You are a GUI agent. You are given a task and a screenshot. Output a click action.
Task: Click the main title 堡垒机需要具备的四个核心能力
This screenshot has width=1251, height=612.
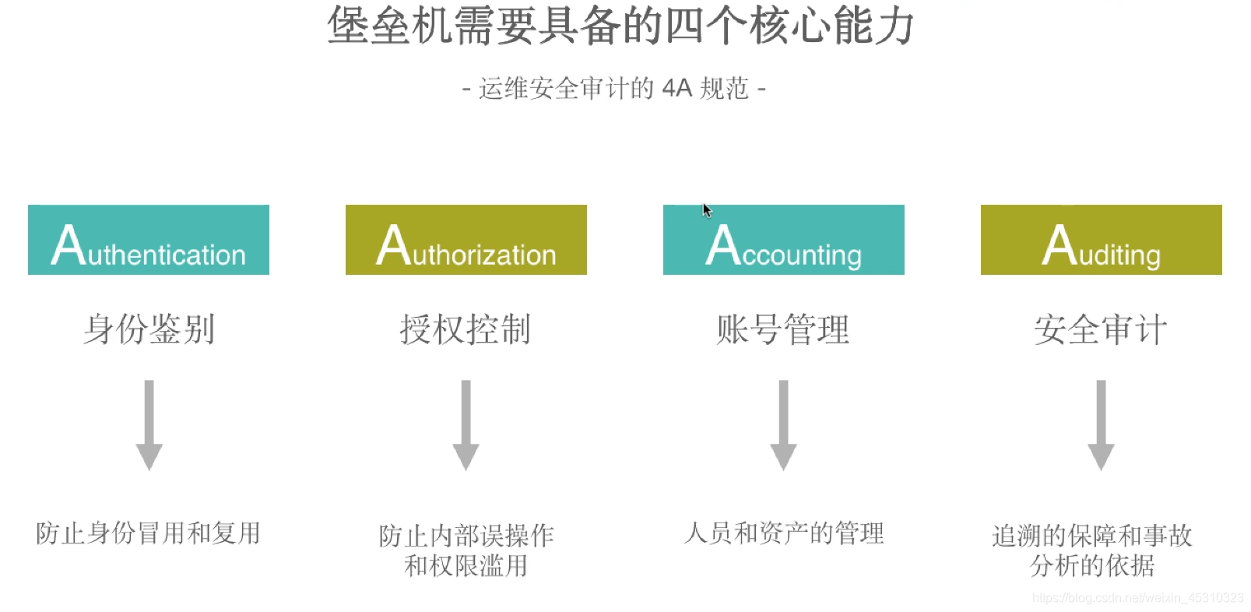point(620,26)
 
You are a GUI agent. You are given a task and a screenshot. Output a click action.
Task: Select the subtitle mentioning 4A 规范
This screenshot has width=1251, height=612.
point(613,89)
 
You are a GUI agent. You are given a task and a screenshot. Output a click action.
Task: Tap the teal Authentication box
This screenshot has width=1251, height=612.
point(149,240)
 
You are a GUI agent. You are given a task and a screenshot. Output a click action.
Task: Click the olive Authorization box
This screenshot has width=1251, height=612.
point(466,240)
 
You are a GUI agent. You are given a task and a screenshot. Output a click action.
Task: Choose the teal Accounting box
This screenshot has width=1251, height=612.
point(783,240)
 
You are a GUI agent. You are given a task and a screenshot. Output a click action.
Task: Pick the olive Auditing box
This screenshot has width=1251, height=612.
point(1101,240)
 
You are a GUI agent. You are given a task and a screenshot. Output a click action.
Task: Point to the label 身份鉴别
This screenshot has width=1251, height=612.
point(149,329)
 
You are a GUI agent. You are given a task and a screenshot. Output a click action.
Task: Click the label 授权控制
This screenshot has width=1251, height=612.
point(466,329)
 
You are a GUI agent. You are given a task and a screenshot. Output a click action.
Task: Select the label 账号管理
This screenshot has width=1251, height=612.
point(783,329)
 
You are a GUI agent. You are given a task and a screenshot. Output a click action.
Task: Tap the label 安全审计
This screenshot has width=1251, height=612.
point(1101,329)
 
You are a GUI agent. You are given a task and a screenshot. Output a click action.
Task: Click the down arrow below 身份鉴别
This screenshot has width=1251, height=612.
point(149,425)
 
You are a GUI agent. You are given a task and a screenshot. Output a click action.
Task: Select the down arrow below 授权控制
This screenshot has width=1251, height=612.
point(466,425)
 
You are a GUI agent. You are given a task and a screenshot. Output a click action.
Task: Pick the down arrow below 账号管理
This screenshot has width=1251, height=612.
point(783,425)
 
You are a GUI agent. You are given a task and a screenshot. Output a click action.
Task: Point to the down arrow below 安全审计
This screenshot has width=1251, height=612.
point(1101,425)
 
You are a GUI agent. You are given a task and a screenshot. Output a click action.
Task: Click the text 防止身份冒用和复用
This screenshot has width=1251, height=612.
point(149,533)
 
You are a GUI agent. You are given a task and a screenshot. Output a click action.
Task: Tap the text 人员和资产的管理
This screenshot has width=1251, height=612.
point(784,533)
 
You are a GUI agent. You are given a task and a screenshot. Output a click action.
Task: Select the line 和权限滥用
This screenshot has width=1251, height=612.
point(466,566)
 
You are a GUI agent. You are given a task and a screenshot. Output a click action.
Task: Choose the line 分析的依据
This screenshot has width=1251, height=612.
point(1092,566)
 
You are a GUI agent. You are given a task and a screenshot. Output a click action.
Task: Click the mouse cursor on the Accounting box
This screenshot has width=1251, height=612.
point(707,211)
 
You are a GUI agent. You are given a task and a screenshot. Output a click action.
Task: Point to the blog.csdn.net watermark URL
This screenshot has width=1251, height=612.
point(1137,598)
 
